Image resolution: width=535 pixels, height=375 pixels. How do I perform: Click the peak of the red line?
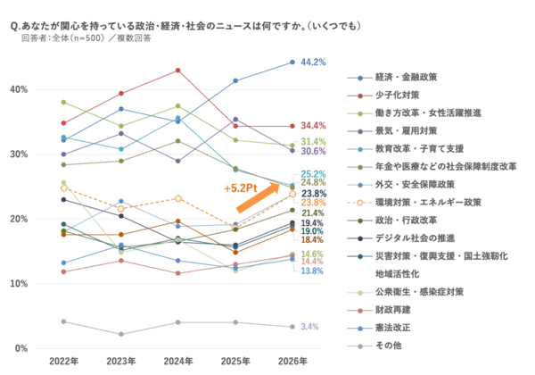[x=178, y=68]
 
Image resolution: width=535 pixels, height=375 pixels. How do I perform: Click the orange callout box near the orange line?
[x=244, y=187]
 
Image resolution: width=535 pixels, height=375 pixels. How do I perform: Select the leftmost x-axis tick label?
[x=62, y=362]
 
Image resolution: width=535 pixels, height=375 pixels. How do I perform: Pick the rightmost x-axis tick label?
[x=293, y=362]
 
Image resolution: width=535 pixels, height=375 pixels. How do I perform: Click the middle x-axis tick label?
[x=177, y=362]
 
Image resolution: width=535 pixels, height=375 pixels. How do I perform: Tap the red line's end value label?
[x=313, y=127]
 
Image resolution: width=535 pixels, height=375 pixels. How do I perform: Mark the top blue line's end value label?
[x=313, y=62]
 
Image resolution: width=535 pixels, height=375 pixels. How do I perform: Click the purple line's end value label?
[x=313, y=153]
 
